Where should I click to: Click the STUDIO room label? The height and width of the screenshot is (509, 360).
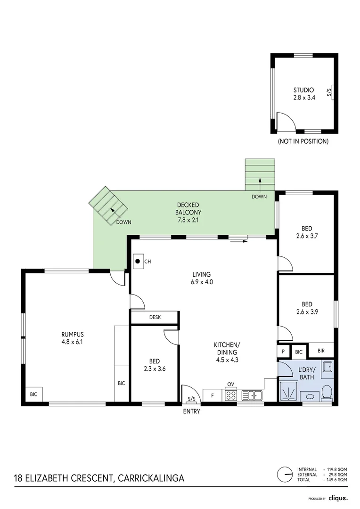point(303,94)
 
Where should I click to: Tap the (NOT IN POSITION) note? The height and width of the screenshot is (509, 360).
point(303,141)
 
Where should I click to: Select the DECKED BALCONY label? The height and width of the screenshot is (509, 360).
point(188,212)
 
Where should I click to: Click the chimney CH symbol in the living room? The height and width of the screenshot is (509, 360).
point(138,261)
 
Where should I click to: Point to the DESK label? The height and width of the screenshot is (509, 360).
point(155,318)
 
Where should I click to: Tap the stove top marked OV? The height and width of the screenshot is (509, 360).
point(230,395)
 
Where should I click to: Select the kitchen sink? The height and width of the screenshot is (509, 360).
point(252,395)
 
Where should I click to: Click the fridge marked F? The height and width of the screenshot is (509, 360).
point(213,395)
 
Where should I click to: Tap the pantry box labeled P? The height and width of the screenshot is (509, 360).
point(284,352)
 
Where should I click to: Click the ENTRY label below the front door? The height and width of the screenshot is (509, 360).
point(192,411)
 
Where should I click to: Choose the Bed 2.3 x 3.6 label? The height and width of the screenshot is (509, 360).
point(154,365)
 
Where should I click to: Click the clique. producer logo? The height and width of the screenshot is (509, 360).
point(338,498)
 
